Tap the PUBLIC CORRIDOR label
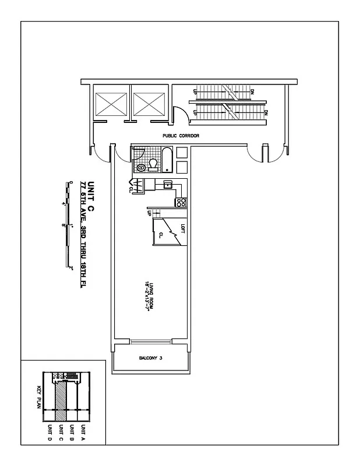coord(181,136)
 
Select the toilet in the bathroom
coord(153,165)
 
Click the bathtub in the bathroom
coord(167,160)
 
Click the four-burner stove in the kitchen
coord(181,203)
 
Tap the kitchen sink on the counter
coord(168,185)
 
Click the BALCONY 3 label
coord(150,358)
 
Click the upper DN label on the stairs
coord(252,91)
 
